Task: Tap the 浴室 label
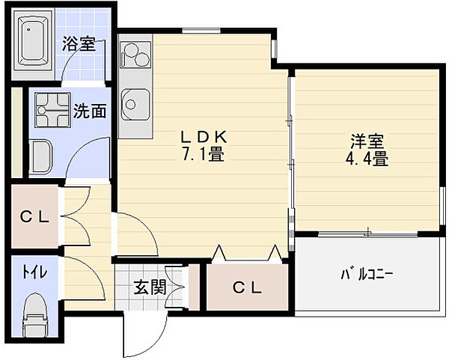(79, 44)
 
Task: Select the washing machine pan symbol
(52, 110)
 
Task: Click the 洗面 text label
(90, 111)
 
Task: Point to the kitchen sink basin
(135, 105)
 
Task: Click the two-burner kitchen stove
(135, 55)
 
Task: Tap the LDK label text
(204, 138)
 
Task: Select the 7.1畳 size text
(203, 155)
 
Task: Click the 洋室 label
(367, 141)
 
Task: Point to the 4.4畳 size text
(367, 159)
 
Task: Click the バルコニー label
(367, 275)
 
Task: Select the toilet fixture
(35, 315)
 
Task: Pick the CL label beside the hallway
(34, 218)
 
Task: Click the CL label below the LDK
(247, 287)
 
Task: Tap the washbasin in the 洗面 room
(41, 156)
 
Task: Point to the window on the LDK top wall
(201, 31)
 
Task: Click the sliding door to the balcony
(367, 234)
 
